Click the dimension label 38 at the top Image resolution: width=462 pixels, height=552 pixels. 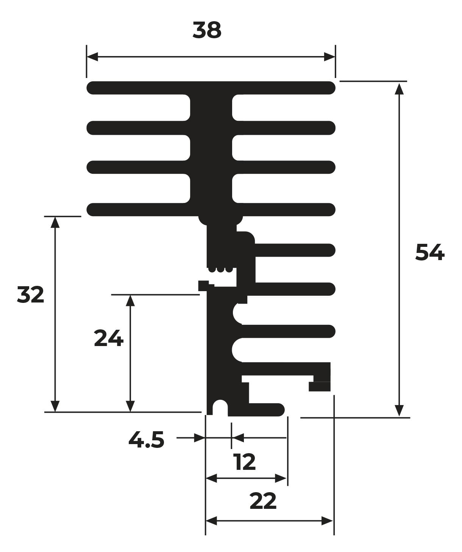tap(207, 30)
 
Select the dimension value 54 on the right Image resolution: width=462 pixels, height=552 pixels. tap(429, 253)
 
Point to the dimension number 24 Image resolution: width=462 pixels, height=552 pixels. tap(108, 338)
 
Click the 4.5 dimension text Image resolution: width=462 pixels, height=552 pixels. tap(146, 440)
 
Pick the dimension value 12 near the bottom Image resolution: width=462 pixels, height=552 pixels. tap(245, 462)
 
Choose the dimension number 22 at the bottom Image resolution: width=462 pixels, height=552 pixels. tap(263, 502)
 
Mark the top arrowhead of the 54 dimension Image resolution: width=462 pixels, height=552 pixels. tap(399, 88)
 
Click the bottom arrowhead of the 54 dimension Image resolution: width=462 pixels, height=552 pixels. tap(399, 411)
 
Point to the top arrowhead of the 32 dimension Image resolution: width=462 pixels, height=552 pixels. tap(55, 222)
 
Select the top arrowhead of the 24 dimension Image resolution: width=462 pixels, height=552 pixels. tap(130, 300)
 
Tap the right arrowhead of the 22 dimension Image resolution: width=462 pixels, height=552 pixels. tap(328, 521)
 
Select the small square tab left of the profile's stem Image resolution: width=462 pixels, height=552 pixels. tap(204, 285)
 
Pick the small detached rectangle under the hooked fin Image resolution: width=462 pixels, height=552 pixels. tap(320, 387)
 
